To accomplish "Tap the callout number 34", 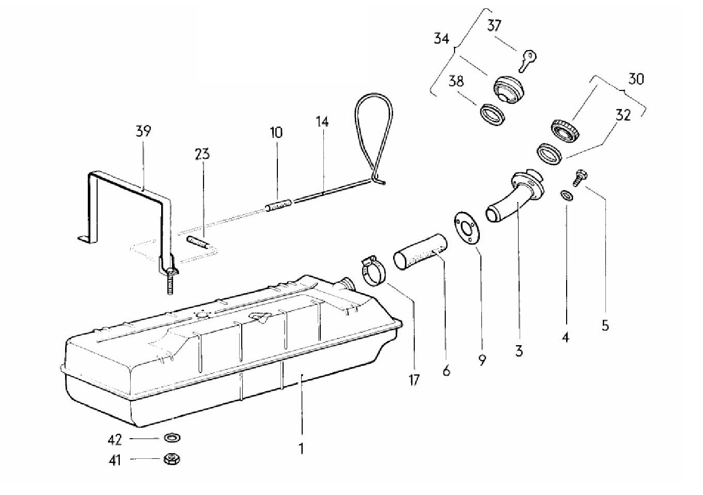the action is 442,39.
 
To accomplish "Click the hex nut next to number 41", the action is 172,459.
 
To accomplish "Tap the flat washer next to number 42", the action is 172,437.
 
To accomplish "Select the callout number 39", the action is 144,131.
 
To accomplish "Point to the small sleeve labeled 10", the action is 279,205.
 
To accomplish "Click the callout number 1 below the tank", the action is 301,449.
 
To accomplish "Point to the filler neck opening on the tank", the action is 348,284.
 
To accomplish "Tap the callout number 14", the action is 322,121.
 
